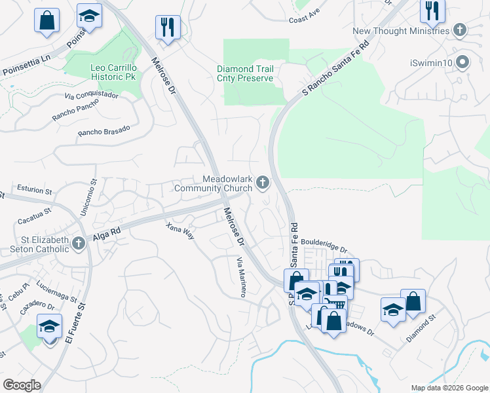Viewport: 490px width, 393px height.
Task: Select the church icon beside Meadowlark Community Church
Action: click(263, 183)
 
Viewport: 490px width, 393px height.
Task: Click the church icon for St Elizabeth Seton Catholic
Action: click(78, 244)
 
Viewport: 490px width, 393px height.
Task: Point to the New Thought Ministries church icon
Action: click(461, 30)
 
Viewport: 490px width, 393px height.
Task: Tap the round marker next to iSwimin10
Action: click(463, 63)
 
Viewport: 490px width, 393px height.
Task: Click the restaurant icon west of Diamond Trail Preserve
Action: click(168, 28)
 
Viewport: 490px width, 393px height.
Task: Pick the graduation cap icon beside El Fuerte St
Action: click(50, 326)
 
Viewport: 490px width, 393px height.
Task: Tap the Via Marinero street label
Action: click(240, 278)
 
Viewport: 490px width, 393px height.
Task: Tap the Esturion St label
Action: click(34, 191)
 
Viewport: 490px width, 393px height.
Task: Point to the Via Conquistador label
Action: click(91, 96)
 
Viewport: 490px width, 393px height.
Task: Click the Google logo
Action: click(21, 384)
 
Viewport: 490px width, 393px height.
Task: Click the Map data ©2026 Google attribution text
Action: click(448, 388)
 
